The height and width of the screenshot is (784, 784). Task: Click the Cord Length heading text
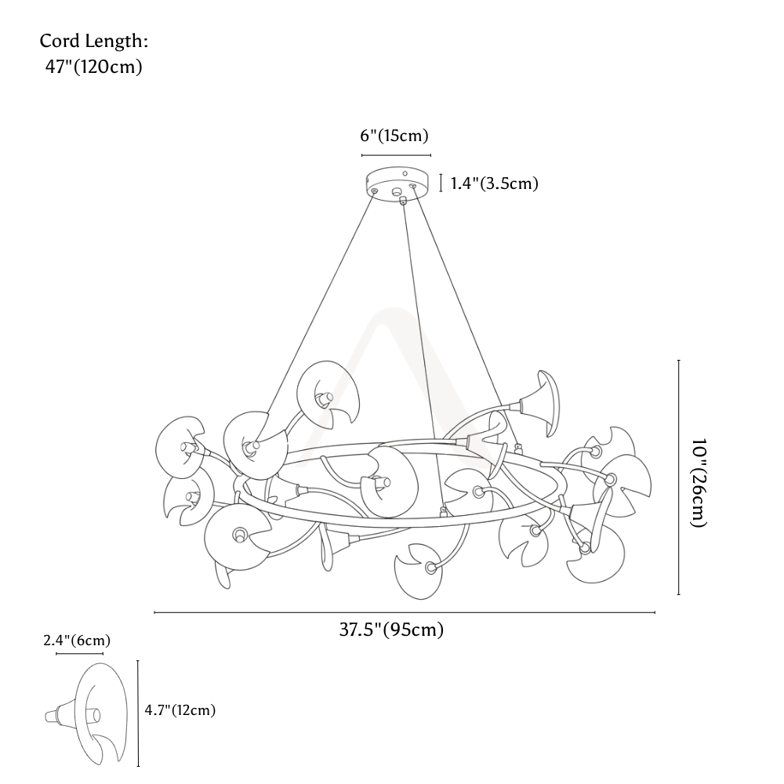(x=94, y=41)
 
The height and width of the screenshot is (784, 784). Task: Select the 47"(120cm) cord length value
(x=94, y=67)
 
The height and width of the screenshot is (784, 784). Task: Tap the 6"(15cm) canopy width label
(x=394, y=136)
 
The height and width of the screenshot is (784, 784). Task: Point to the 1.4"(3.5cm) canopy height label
(x=495, y=183)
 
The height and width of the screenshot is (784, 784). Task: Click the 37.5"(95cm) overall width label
(x=391, y=629)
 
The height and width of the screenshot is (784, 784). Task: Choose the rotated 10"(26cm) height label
(x=698, y=483)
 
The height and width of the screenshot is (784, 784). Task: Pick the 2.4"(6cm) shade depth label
(x=77, y=641)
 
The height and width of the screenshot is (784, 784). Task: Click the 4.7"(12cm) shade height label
(x=180, y=710)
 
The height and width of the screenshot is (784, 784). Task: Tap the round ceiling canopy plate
(x=397, y=183)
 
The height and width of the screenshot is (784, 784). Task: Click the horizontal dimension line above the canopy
(x=396, y=155)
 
